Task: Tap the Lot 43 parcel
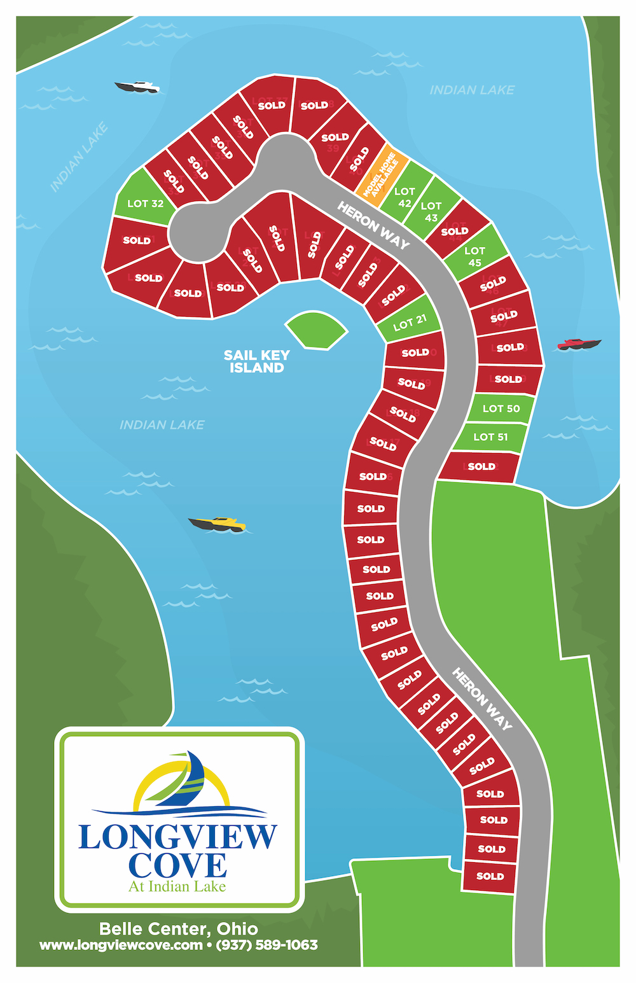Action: [x=432, y=210]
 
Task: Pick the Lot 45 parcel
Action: [x=475, y=256]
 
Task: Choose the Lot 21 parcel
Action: [x=410, y=323]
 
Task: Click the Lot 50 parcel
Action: [x=501, y=408]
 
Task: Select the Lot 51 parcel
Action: [x=490, y=436]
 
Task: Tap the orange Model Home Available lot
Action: [x=381, y=176]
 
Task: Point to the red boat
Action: [x=578, y=344]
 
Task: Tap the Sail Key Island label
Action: [x=257, y=361]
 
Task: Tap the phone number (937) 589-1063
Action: [x=267, y=945]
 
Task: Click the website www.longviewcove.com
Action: [x=121, y=945]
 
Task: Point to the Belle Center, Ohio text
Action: [x=179, y=929]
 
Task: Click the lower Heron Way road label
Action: [x=482, y=698]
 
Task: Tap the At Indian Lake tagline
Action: [x=177, y=886]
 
